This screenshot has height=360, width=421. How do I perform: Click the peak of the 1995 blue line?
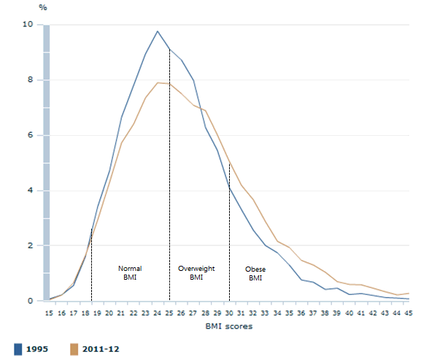158,31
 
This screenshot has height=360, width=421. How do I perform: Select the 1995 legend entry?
34,350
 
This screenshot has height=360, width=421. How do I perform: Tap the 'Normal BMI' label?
131,273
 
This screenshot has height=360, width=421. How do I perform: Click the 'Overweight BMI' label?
196,273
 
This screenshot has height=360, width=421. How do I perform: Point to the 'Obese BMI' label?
255,273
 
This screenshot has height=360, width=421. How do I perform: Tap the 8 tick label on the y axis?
30,80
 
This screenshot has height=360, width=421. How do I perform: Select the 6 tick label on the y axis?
30,136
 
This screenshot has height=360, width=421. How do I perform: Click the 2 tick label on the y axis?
30,246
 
